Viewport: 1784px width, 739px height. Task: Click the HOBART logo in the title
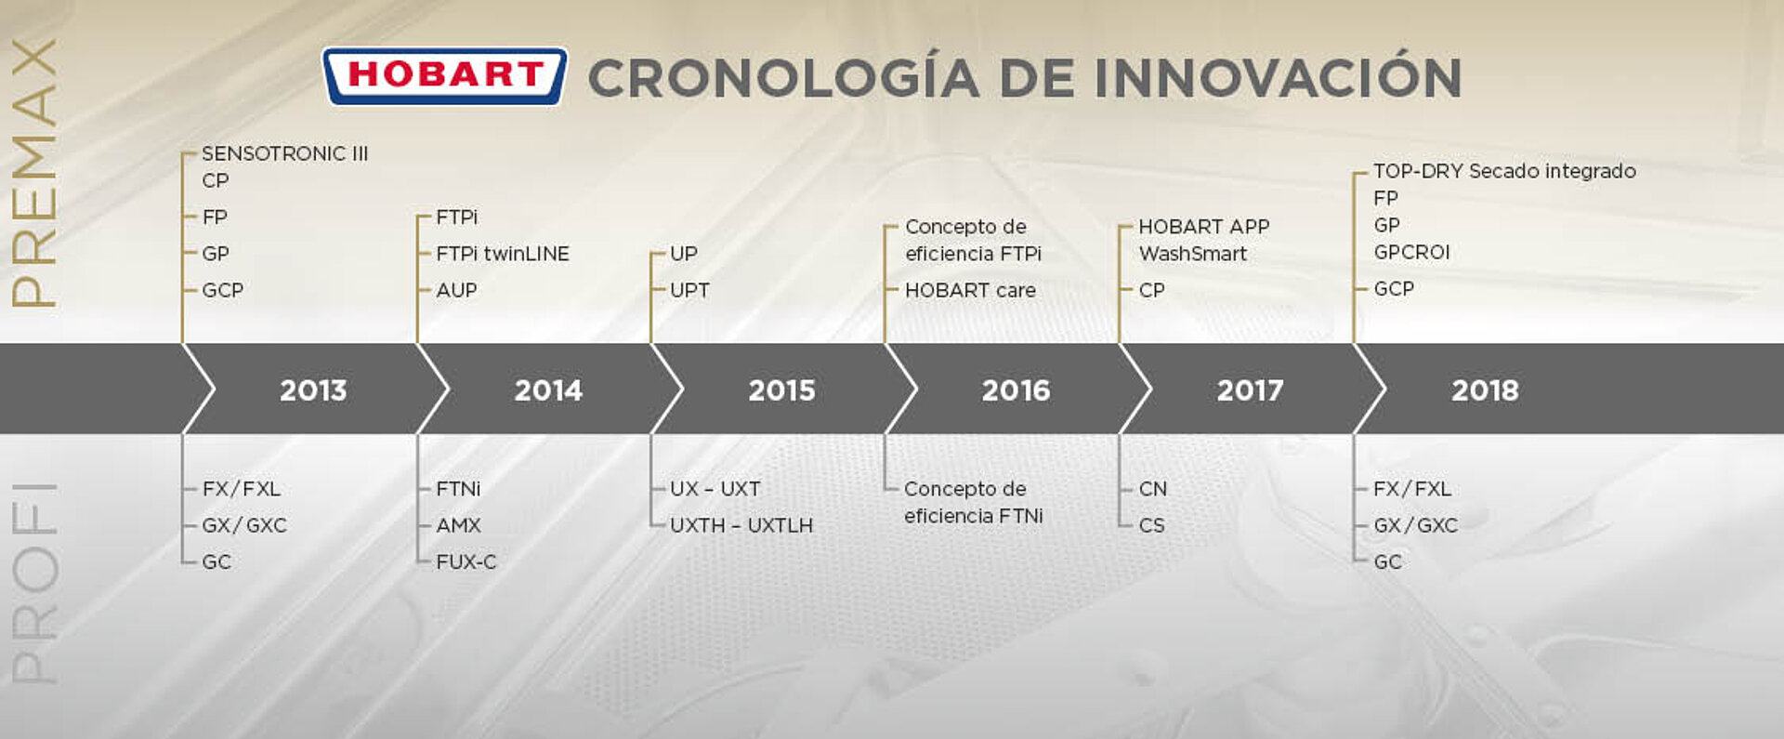pyautogui.click(x=444, y=75)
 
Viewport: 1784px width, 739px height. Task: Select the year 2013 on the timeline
pyautogui.click(x=313, y=389)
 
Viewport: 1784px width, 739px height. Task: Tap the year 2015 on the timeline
pyautogui.click(x=781, y=389)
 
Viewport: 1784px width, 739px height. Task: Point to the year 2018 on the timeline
pyautogui.click(x=1485, y=389)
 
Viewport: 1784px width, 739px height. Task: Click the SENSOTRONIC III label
pyautogui.click(x=285, y=153)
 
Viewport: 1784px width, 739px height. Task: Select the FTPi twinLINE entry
pyautogui.click(x=503, y=253)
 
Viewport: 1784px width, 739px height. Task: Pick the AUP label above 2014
pyautogui.click(x=456, y=290)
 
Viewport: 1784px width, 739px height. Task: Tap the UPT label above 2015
pyautogui.click(x=689, y=290)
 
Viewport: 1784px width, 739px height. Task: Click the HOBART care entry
pyautogui.click(x=970, y=290)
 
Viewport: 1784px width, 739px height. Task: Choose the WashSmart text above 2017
pyautogui.click(x=1193, y=253)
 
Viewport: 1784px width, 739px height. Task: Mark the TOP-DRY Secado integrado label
pyautogui.click(x=1504, y=171)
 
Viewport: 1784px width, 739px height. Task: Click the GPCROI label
pyautogui.click(x=1411, y=252)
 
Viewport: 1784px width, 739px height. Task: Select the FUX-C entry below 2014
pyautogui.click(x=466, y=561)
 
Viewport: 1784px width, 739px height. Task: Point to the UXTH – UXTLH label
pyautogui.click(x=741, y=525)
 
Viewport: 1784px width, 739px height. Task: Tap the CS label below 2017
pyautogui.click(x=1152, y=525)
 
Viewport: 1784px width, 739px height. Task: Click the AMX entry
pyautogui.click(x=459, y=525)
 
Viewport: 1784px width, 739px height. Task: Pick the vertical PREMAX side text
pyautogui.click(x=33, y=173)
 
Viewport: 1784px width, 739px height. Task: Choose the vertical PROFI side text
pyautogui.click(x=33, y=583)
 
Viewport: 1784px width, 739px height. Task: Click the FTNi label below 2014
pyautogui.click(x=458, y=488)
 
